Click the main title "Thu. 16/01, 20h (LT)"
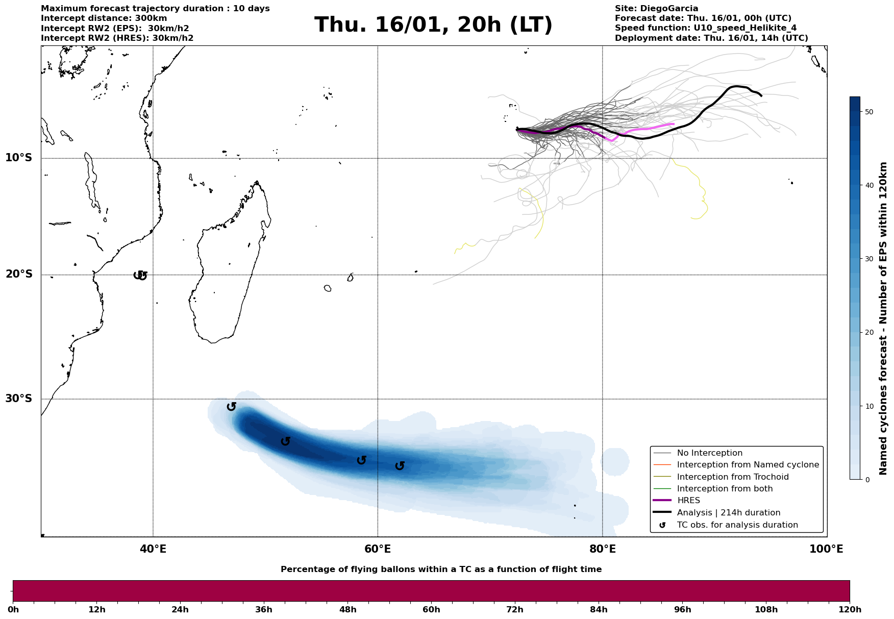[x=433, y=25]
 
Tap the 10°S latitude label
[x=19, y=158]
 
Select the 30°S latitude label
[x=19, y=399]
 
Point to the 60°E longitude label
[x=378, y=549]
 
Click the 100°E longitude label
[x=826, y=549]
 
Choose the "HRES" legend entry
[x=688, y=501]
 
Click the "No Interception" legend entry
[x=709, y=453]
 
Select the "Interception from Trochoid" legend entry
[x=732, y=477]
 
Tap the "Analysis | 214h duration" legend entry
[x=728, y=513]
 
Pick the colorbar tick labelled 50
[x=869, y=112]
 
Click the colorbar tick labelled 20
[x=869, y=333]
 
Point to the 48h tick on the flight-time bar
[x=348, y=609]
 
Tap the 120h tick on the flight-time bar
[x=850, y=609]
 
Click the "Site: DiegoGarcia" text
[x=656, y=9]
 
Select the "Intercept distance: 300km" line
[x=104, y=18]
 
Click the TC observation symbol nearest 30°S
[x=231, y=407]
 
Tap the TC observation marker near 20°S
[x=140, y=276]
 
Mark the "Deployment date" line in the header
[x=711, y=38]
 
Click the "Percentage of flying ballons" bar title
[x=441, y=570]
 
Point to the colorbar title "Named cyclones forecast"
[x=883, y=318]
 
